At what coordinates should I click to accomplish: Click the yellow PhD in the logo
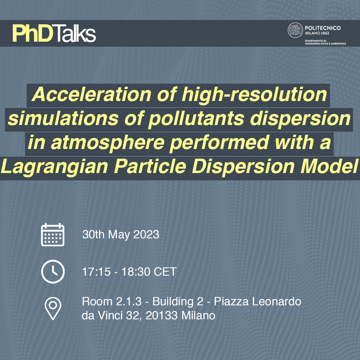coord(33,34)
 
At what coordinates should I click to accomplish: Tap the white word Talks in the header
coord(75,34)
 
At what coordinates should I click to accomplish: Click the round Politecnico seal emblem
coord(295,30)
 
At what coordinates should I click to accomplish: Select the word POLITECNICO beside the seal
coord(323,28)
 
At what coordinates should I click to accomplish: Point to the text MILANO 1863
coord(317,33)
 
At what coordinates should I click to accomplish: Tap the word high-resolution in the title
coord(254,95)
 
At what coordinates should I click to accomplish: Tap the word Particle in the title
coord(150,166)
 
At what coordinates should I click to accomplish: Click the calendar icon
coord(53,235)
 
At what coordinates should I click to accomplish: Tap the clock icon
coord(53,272)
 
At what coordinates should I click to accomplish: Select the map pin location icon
coord(53,309)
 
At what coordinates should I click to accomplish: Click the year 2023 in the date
coord(146,234)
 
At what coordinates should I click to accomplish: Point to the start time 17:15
coord(96,272)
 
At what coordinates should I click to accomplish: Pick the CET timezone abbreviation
coord(165,272)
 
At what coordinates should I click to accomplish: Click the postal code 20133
coord(162,315)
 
